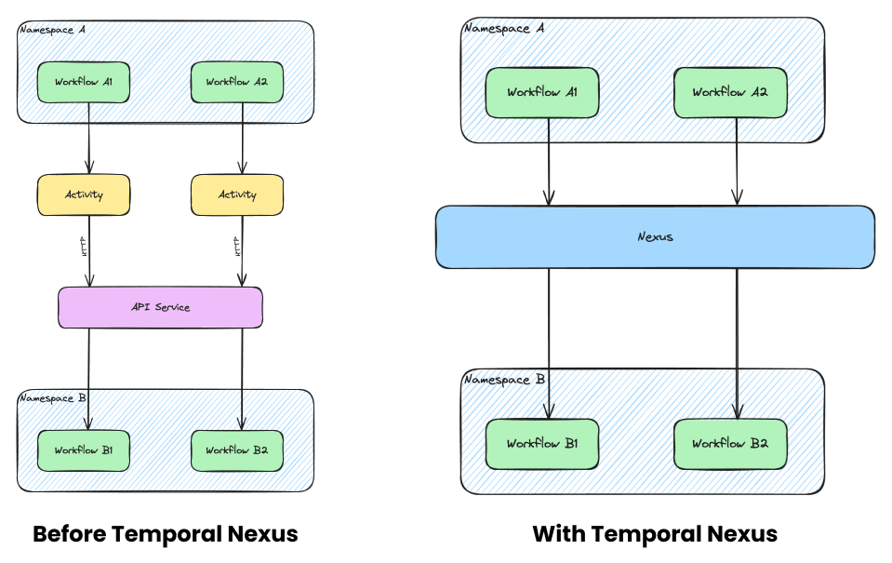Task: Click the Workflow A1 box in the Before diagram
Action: (x=84, y=83)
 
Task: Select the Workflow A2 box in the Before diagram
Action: (x=237, y=83)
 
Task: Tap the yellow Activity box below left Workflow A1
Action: (x=84, y=194)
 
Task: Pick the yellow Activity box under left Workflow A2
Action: (x=237, y=194)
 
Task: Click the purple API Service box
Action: (x=160, y=307)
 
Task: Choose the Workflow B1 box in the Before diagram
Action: (x=84, y=450)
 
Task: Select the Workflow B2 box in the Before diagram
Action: (x=237, y=450)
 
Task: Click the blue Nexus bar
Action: (x=655, y=236)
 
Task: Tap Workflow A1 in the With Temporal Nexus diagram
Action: (x=542, y=92)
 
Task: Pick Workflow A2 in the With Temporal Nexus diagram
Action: (x=730, y=92)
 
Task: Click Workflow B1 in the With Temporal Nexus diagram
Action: (x=542, y=444)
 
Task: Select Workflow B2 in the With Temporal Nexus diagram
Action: (x=730, y=444)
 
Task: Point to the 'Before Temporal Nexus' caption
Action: (x=166, y=534)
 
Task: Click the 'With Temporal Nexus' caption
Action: (x=655, y=534)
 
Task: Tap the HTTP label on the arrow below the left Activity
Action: (x=83, y=247)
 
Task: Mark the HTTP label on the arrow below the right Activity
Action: (x=236, y=247)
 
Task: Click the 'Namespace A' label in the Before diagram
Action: (x=52, y=30)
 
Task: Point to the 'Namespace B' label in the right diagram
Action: (x=504, y=380)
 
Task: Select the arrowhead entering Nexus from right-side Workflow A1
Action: (x=549, y=197)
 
